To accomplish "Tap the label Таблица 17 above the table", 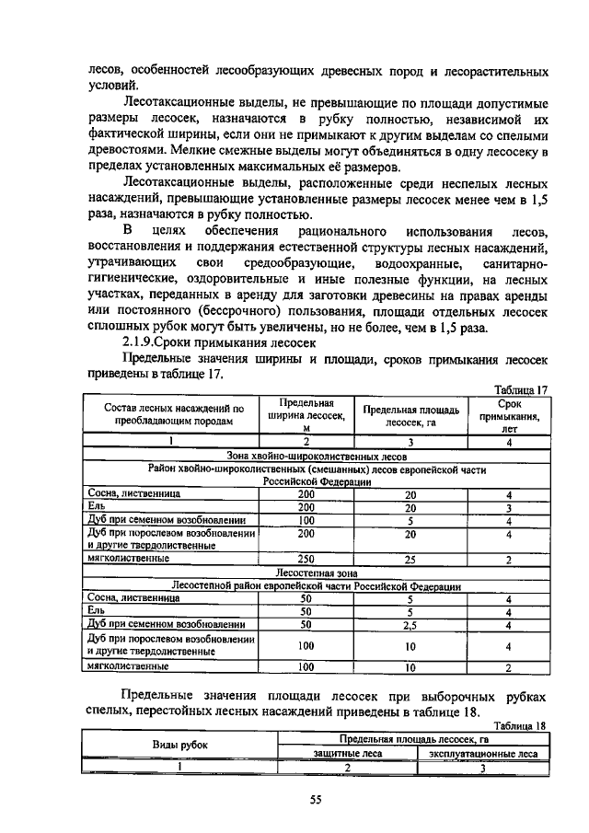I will [x=521, y=389].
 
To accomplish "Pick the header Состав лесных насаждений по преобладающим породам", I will [x=174, y=414].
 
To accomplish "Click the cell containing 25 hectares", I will [x=410, y=558].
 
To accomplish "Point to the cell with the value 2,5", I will [x=410, y=624].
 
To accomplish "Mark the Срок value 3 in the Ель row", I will [x=509, y=506].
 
